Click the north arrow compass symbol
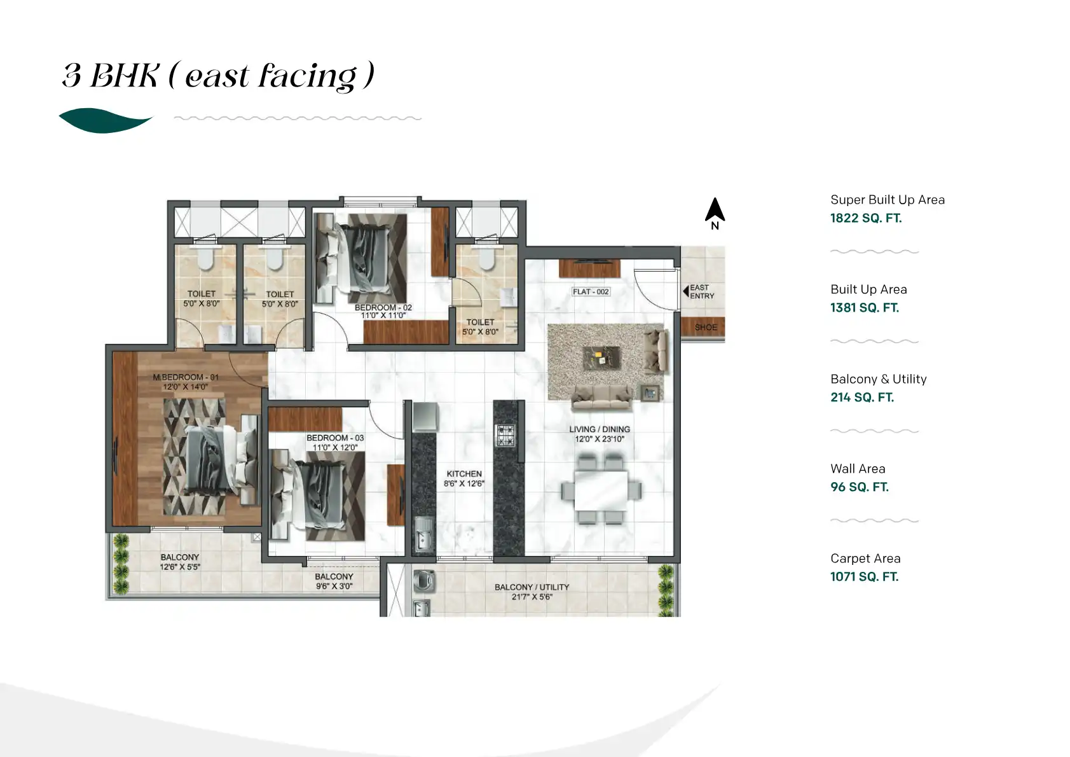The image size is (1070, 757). click(715, 211)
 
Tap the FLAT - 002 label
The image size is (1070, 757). click(591, 291)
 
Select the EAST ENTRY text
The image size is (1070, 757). click(702, 291)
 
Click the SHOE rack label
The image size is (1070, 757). click(705, 327)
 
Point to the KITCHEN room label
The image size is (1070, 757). click(464, 473)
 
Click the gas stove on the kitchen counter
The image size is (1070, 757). click(506, 436)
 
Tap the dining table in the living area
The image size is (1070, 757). click(601, 490)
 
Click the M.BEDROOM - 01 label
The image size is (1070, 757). click(185, 377)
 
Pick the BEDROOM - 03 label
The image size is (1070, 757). click(334, 438)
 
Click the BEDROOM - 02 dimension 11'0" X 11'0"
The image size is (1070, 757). click(383, 316)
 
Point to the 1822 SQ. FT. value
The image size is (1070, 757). click(865, 218)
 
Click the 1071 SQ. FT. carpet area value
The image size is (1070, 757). click(864, 577)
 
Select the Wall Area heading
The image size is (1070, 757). click(857, 469)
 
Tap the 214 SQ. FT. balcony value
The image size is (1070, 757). click(861, 398)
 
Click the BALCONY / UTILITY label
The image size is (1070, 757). click(532, 587)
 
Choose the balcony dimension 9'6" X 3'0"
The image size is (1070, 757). click(334, 586)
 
